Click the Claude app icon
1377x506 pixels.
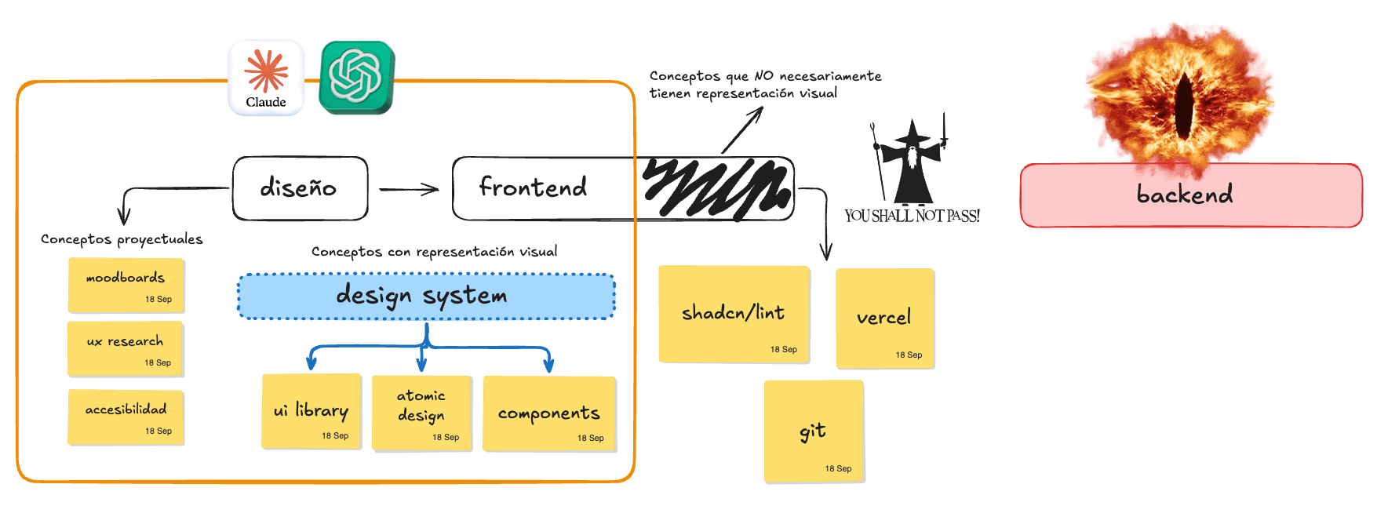[x=266, y=78]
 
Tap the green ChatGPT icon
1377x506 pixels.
[x=357, y=77]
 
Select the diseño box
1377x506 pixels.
[x=301, y=188]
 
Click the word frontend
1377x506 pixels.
[x=533, y=187]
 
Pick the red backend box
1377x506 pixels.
[x=1191, y=195]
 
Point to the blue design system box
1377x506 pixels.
[x=426, y=297]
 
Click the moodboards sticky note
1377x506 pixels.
[x=126, y=285]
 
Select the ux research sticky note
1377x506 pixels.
[x=126, y=348]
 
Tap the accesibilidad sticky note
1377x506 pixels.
[x=126, y=417]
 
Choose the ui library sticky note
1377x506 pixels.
[x=311, y=412]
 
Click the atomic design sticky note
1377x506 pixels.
[x=422, y=413]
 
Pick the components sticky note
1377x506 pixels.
[x=549, y=414]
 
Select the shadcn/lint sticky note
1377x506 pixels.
[x=734, y=315]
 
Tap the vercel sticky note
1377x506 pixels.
[x=885, y=319]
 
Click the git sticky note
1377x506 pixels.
[x=814, y=431]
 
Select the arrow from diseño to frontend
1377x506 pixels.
[x=409, y=189]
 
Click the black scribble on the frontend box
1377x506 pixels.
[x=716, y=187]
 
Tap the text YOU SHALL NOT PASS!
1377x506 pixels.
[x=912, y=216]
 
